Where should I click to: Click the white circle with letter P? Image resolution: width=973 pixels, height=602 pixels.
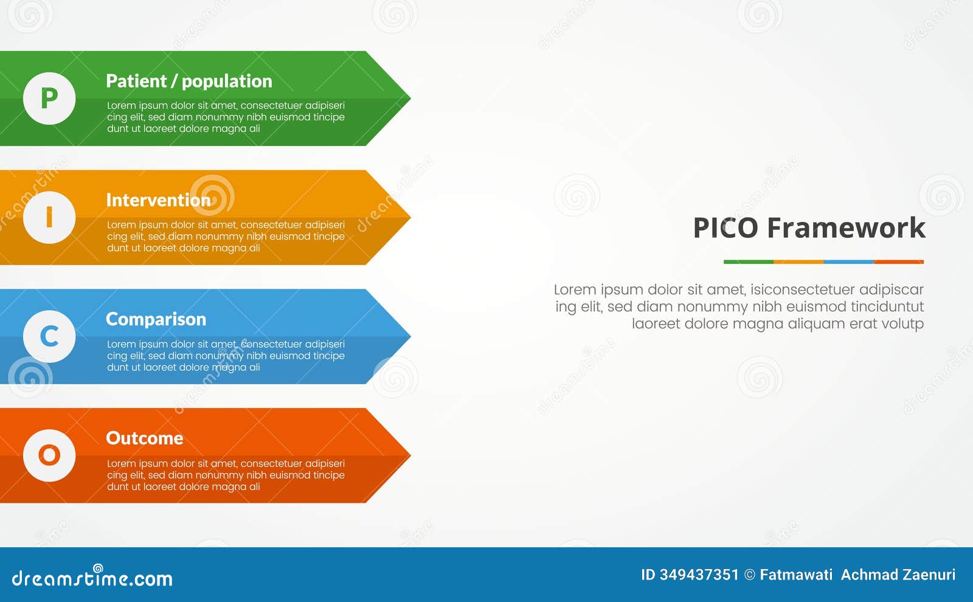tap(49, 99)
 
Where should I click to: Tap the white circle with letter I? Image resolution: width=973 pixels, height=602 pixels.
tap(49, 218)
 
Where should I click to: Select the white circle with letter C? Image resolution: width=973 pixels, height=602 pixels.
tap(49, 336)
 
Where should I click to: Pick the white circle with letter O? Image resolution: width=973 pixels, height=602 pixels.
tap(49, 455)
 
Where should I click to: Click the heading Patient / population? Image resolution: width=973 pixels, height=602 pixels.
tap(189, 81)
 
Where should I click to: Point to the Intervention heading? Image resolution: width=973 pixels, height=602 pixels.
tap(158, 200)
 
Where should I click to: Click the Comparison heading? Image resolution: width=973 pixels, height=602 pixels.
tap(156, 319)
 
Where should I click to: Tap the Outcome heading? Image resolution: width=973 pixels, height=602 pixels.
tap(144, 438)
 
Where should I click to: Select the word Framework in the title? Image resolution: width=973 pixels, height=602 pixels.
tap(846, 228)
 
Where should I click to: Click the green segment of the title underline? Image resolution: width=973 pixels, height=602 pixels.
tap(749, 262)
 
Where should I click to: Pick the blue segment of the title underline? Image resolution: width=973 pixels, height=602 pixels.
tap(848, 262)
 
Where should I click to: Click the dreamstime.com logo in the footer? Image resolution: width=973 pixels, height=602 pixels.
tap(92, 578)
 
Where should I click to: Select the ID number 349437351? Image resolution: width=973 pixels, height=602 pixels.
tap(699, 575)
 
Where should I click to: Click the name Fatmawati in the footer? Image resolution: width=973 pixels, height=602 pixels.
tap(796, 575)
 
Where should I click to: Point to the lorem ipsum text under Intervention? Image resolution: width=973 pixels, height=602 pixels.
tap(226, 237)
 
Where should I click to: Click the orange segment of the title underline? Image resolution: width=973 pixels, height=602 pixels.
tap(798, 262)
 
